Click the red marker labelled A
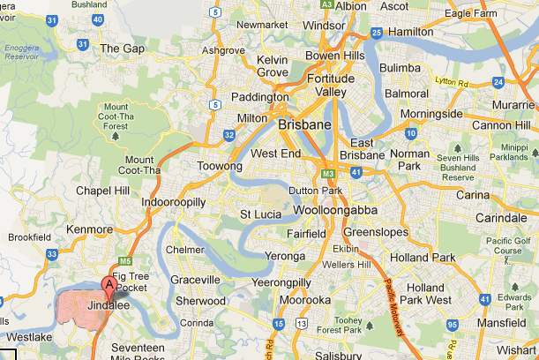tap(109, 284)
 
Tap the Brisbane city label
tap(304, 125)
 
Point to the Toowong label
tap(219, 165)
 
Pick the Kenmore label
tap(89, 229)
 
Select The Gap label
tap(123, 49)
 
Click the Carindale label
tap(499, 217)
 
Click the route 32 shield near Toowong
tap(229, 135)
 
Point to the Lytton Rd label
tap(456, 81)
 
